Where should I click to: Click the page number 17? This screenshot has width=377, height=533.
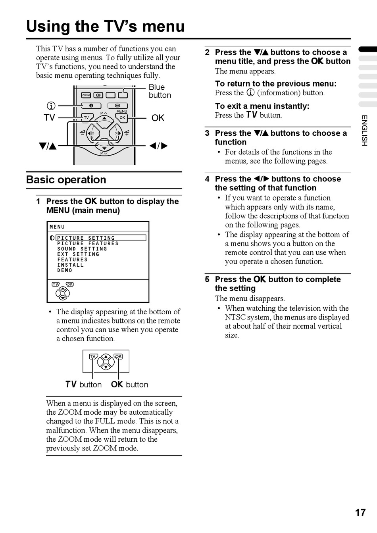360,512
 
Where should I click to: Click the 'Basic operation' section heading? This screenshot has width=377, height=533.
66,180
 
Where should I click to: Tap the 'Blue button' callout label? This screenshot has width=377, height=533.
160,91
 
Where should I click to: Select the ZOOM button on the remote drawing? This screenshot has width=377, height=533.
86,95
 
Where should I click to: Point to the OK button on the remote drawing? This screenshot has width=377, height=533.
122,117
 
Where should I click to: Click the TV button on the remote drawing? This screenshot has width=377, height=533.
86,117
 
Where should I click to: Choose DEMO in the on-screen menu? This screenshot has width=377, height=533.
65,270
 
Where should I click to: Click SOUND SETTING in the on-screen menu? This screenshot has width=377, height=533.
82,249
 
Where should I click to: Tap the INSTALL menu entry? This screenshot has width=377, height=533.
71,265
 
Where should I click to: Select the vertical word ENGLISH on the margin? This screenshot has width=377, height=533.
364,131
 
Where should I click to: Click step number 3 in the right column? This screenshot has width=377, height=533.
207,133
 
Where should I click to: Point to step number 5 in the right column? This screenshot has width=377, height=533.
207,279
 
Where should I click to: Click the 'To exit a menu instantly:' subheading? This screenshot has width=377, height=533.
262,106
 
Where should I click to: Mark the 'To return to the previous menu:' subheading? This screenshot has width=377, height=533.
275,84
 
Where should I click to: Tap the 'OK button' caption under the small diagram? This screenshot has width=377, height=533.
129,385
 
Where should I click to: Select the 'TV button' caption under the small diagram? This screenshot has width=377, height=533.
84,385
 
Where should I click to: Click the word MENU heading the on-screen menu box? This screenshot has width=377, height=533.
57,227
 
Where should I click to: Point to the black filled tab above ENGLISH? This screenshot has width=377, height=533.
367,49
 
